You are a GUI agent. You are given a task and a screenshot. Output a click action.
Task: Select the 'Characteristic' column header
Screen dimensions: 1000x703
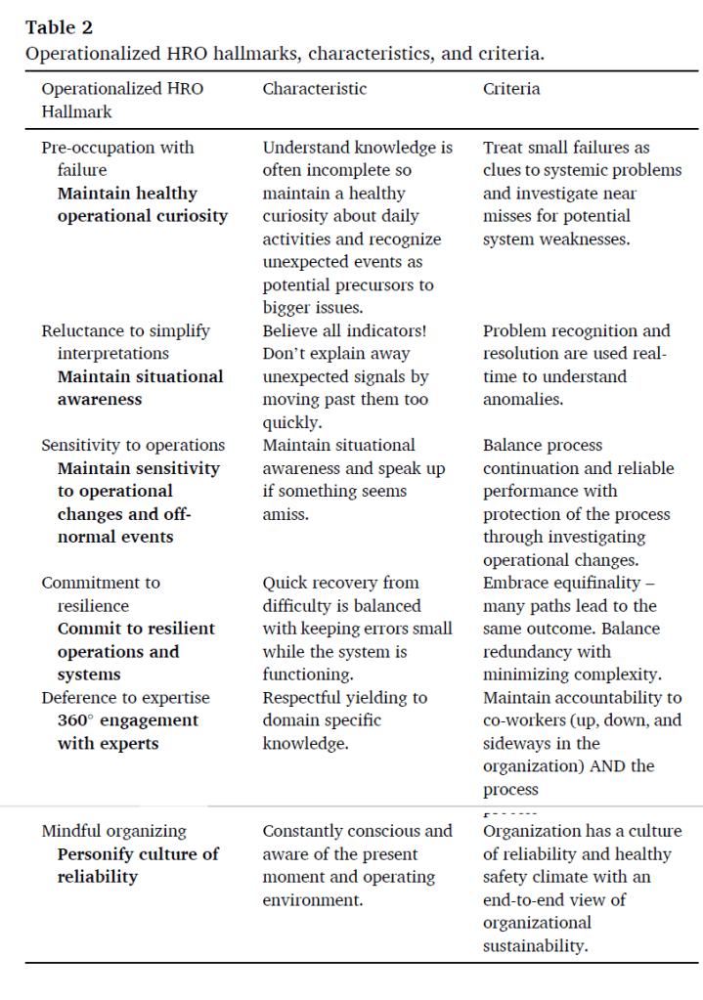click(x=314, y=89)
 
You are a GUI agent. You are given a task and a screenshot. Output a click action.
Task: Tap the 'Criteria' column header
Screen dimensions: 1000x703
click(x=511, y=89)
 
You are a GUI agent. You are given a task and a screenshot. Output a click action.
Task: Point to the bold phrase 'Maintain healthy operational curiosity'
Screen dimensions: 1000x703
click(x=142, y=204)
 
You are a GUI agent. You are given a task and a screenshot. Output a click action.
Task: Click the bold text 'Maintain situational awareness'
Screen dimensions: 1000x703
click(x=140, y=387)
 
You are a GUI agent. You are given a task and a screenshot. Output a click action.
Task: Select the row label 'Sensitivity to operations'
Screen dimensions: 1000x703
click(x=133, y=445)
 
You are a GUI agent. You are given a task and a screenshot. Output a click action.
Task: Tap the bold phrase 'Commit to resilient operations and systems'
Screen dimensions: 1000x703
click(x=135, y=651)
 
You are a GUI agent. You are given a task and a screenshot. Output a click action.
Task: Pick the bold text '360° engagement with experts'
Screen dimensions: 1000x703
click(x=127, y=731)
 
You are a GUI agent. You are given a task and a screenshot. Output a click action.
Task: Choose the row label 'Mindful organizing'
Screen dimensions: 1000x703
click(x=113, y=831)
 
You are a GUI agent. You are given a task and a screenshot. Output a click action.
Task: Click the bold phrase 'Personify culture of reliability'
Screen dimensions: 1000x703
click(x=138, y=865)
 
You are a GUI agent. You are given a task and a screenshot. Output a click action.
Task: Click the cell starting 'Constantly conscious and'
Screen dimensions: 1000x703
click(x=357, y=865)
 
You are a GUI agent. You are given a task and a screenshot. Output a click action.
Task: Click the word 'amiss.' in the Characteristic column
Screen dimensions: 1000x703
click(x=286, y=513)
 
